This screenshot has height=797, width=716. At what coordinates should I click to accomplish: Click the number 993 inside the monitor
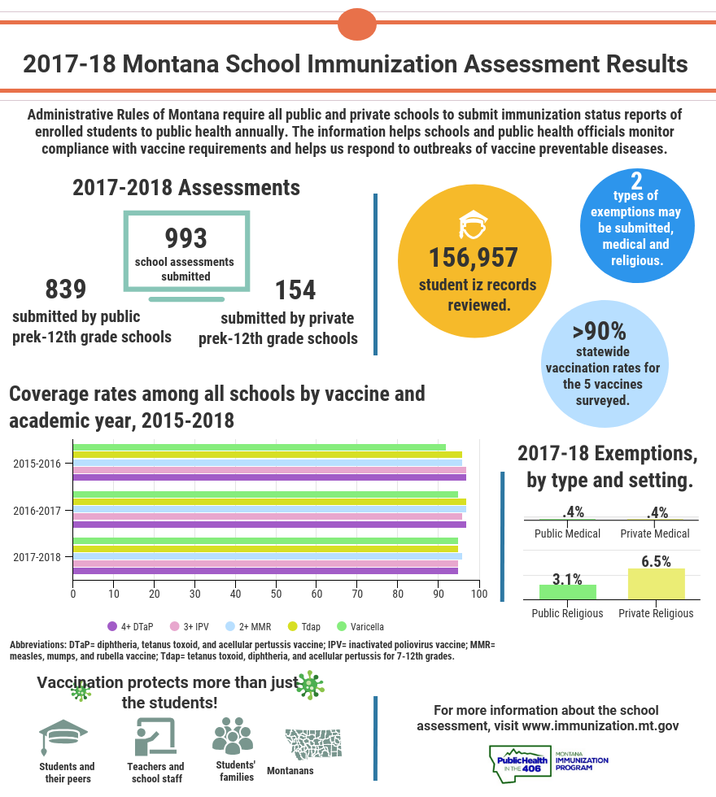point(186,238)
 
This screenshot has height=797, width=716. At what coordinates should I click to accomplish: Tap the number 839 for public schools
point(65,290)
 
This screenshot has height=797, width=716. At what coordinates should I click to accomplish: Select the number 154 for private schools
point(295,290)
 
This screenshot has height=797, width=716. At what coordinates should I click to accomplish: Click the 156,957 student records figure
point(474,257)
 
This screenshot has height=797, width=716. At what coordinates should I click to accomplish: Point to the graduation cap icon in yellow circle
point(473,224)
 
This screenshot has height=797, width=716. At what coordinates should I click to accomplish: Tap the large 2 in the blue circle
point(636,181)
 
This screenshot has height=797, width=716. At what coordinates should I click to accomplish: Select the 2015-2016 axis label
point(37,464)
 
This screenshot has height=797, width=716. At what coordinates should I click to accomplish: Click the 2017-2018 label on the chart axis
point(37,557)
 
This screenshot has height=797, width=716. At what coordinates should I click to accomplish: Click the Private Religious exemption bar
point(656,584)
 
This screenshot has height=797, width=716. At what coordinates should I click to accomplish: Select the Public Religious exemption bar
point(567,592)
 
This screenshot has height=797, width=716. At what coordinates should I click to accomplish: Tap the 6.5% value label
point(656,561)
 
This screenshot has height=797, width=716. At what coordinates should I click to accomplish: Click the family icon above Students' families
point(233,735)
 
